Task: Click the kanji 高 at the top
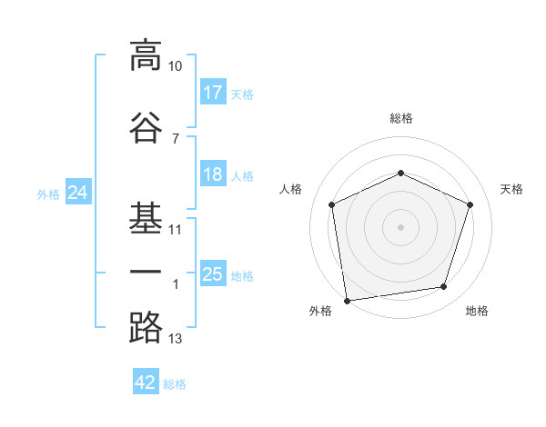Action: point(146,55)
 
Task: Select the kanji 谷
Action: point(146,128)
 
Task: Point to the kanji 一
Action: point(146,273)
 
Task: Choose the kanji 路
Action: point(146,327)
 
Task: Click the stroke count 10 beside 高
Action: point(176,66)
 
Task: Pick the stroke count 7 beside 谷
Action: point(176,139)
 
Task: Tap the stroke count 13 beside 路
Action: point(176,339)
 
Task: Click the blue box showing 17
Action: point(213,93)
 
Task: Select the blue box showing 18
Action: point(213,174)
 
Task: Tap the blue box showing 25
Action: point(213,274)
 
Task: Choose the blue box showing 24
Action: point(77,193)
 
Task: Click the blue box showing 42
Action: point(146,382)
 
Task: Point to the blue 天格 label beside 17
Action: point(241,94)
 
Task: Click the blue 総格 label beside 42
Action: point(175,384)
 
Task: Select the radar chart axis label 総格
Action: point(400,118)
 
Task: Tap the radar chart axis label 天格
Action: point(511,189)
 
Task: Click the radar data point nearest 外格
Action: point(347,299)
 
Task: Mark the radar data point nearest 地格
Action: point(444,287)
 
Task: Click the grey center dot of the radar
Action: point(400,226)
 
